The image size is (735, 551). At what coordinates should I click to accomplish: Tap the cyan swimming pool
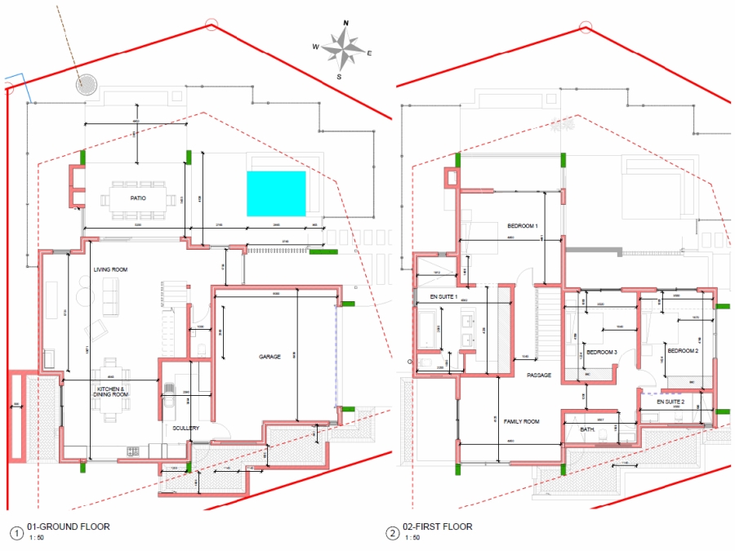(x=276, y=193)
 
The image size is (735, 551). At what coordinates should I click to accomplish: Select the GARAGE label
(x=270, y=357)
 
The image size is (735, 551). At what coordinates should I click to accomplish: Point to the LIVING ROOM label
(x=109, y=269)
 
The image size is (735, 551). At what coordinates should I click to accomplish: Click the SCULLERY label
(x=185, y=428)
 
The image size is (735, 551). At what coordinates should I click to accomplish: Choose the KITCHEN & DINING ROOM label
(x=111, y=392)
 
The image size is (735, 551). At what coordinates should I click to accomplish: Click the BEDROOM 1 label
(x=523, y=226)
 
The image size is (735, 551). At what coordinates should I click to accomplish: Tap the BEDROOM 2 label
(x=683, y=351)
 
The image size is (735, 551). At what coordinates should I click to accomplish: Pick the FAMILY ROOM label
(x=521, y=422)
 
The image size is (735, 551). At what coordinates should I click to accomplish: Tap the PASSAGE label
(x=539, y=375)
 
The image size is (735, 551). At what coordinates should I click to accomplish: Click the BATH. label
(x=587, y=429)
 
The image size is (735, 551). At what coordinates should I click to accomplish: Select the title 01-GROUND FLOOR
(x=69, y=527)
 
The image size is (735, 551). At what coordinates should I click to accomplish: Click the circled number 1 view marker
(x=16, y=533)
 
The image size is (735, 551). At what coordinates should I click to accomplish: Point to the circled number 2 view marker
(x=394, y=533)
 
